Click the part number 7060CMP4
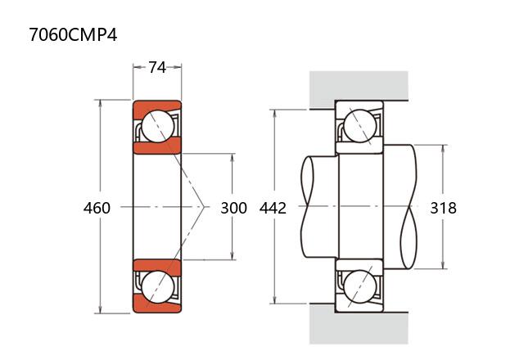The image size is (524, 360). tap(73, 34)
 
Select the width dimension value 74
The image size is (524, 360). tap(157, 67)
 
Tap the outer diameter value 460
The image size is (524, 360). tap(97, 208)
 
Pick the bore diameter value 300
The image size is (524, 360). tap(233, 208)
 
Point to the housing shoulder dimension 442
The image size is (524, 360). tap(273, 208)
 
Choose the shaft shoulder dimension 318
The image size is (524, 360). tap(443, 208)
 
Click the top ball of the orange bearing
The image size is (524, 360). tap(158, 127)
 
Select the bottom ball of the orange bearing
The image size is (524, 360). tap(158, 287)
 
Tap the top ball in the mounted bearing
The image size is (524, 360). tap(360, 127)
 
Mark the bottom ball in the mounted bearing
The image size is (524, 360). tap(360, 287)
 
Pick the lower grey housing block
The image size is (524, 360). tap(359, 324)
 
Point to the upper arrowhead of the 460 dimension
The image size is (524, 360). tap(100, 103)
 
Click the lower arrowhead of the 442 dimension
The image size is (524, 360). tap(275, 300)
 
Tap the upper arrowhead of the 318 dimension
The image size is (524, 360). tap(443, 149)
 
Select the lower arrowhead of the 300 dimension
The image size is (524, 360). tap(233, 256)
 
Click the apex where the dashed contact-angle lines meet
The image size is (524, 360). tap(204, 207)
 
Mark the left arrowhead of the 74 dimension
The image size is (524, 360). tap(137, 67)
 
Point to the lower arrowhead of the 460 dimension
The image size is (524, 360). tap(100, 309)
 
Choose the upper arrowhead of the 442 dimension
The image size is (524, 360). tap(275, 114)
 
